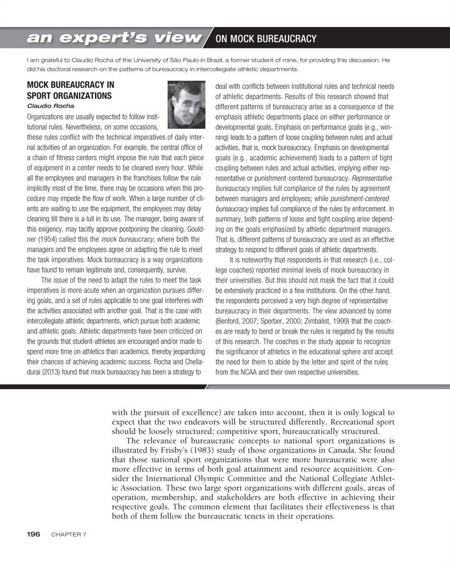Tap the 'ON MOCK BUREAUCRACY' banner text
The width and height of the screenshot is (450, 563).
(266, 40)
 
